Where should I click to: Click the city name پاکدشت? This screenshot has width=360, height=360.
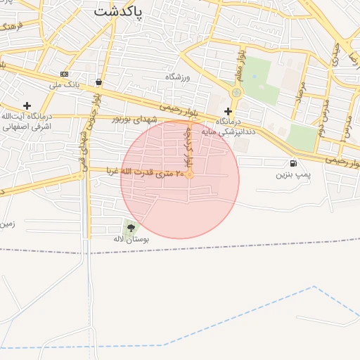click(x=117, y=12)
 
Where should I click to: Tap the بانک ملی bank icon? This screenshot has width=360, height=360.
click(x=65, y=74)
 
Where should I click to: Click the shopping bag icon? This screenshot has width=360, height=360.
click(x=98, y=82)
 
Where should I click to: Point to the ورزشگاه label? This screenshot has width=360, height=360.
click(x=179, y=76)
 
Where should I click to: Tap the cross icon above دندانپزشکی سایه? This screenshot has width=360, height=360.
click(x=227, y=111)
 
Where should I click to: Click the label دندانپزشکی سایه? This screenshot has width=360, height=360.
click(x=228, y=131)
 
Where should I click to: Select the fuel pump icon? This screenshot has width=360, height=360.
click(x=293, y=163)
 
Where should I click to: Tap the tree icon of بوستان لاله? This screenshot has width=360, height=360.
click(x=131, y=227)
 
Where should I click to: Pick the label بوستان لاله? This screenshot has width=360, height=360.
click(x=131, y=239)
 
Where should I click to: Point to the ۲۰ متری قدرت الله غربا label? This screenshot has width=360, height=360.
click(x=146, y=171)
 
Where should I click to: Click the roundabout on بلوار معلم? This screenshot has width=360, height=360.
click(x=236, y=92)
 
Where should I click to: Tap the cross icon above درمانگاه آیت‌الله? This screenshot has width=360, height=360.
click(x=27, y=105)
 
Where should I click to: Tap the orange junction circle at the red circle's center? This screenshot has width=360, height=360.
click(x=189, y=174)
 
